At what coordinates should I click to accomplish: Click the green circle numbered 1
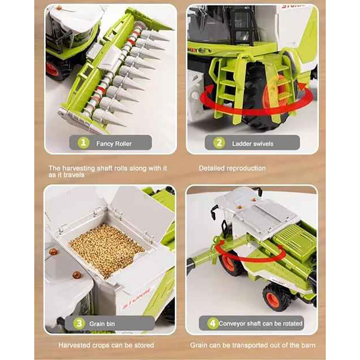(83, 143)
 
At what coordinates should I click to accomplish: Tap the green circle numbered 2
(219, 143)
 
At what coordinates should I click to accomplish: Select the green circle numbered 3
(79, 323)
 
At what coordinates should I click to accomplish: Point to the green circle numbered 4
(213, 323)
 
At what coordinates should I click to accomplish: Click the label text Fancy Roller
(114, 144)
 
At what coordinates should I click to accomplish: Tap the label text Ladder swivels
(252, 144)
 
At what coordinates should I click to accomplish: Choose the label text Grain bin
(102, 324)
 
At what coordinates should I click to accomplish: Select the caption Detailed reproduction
(232, 168)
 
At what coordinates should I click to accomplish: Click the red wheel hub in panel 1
(53, 69)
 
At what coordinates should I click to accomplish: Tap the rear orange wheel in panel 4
(274, 298)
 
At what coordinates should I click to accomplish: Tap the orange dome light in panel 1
(59, 8)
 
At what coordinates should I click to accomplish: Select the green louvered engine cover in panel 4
(295, 239)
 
